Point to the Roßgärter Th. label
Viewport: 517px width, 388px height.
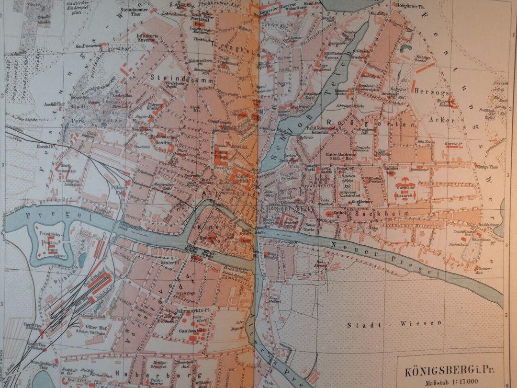pos(406,6)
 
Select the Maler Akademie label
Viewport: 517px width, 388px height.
pos(340,155)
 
